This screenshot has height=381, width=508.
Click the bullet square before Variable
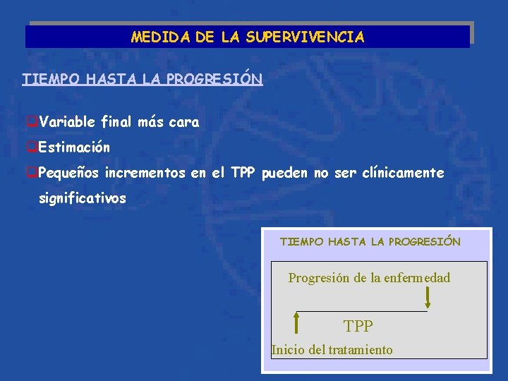[32, 123]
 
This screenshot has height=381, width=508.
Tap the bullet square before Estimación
[32, 148]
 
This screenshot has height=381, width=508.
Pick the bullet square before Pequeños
[32, 174]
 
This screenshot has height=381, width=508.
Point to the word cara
[184, 122]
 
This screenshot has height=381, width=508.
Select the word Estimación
[74, 147]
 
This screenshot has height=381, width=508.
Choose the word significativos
[83, 198]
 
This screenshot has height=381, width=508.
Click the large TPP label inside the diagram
[358, 326]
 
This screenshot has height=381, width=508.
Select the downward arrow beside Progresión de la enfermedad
[428, 296]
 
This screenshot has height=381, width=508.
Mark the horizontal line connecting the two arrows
[361, 311]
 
